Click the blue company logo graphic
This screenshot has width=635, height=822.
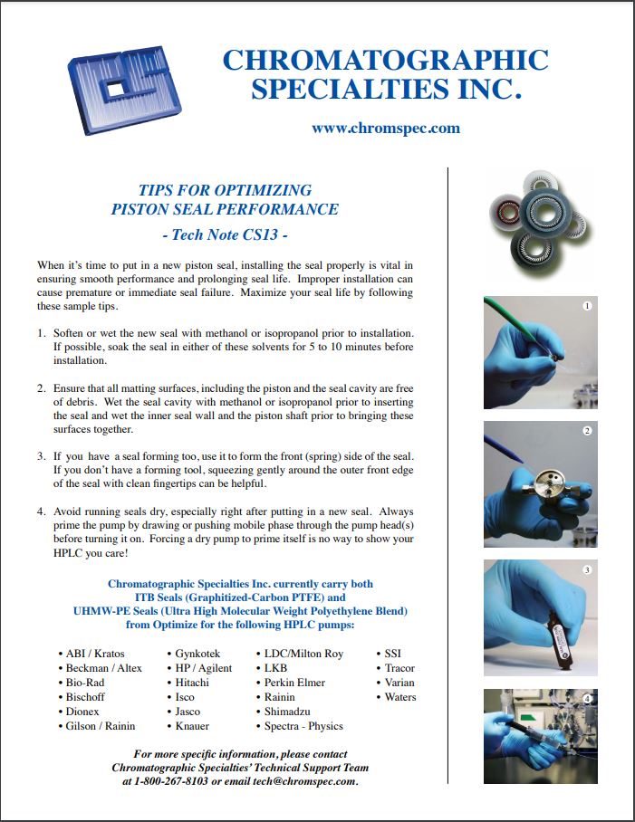[x=125, y=90]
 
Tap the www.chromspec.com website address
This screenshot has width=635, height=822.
[x=385, y=128]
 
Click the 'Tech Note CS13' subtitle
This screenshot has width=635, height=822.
[x=225, y=234]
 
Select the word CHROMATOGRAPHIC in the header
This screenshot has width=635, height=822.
[x=385, y=60]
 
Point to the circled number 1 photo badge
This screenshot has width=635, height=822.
[x=587, y=306]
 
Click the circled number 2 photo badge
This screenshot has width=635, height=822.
[x=587, y=430]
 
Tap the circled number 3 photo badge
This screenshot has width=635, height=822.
[x=587, y=569]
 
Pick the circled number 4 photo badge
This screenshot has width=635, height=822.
[x=587, y=699]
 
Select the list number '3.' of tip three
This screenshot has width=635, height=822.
[x=42, y=456]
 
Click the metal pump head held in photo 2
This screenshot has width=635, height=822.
[x=544, y=485]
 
